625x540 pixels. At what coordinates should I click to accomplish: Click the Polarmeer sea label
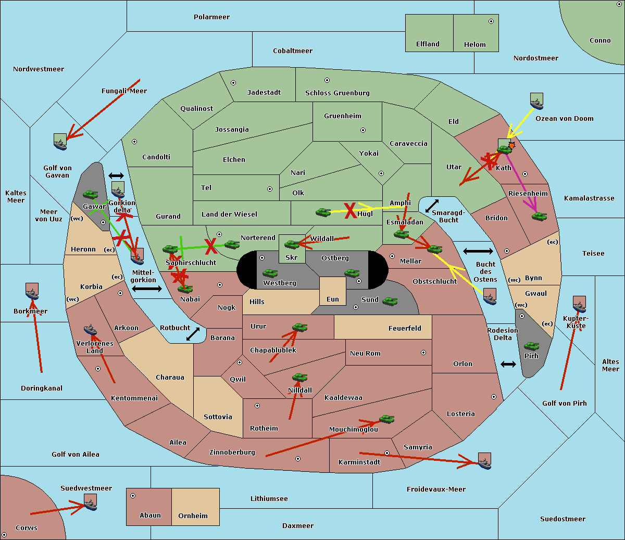[211, 17]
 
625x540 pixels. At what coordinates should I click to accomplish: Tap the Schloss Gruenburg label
[337, 93]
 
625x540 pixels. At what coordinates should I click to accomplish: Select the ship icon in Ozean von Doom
[536, 100]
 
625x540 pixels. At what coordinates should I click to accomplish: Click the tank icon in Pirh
[531, 346]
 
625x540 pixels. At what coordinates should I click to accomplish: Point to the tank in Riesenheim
[540, 216]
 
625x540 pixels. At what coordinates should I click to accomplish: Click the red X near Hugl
[351, 211]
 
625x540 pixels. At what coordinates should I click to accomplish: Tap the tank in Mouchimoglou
[386, 419]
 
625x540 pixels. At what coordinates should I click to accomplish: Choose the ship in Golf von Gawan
[60, 141]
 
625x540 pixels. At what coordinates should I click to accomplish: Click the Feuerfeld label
[405, 329]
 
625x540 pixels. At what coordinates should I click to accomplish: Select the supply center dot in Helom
[491, 21]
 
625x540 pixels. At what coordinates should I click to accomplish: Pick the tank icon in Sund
[390, 301]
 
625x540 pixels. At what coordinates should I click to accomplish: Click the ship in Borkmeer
[32, 292]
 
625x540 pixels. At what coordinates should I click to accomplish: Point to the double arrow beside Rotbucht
[193, 334]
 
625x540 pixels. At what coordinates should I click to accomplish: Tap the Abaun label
[150, 516]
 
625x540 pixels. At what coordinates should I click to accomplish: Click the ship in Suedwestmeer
[90, 502]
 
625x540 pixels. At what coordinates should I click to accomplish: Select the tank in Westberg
[270, 273]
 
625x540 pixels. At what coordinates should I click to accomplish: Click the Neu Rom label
[365, 354]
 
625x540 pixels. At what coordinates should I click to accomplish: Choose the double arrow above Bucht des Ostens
[478, 252]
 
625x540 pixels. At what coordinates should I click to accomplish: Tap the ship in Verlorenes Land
[90, 330]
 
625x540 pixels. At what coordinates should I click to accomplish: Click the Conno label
[600, 41]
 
